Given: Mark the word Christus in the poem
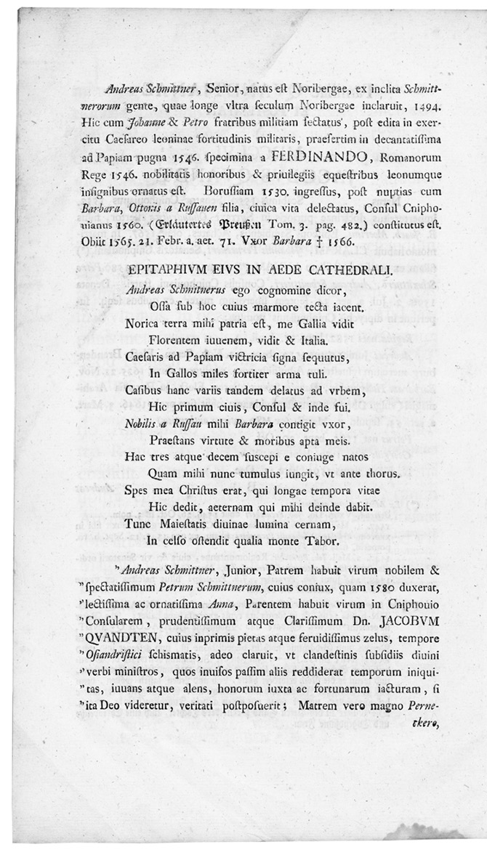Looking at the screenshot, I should click(x=200, y=492).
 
